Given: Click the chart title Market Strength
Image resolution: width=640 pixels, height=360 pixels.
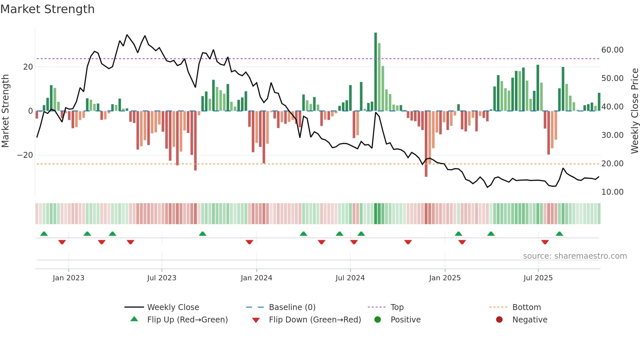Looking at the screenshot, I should click(x=47, y=9).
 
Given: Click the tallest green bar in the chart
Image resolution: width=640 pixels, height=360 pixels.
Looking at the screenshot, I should click(x=376, y=72).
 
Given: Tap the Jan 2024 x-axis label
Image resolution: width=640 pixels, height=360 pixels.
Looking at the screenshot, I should click(x=256, y=278).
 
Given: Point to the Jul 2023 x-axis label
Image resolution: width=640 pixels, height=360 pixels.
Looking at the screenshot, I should click(x=162, y=278).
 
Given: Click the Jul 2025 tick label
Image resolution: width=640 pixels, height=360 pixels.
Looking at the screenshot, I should click(x=538, y=278).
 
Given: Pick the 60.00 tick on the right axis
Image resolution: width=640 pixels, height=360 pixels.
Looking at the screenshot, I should click(x=612, y=50).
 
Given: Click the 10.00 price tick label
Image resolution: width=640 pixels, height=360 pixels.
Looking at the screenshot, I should click(x=612, y=192).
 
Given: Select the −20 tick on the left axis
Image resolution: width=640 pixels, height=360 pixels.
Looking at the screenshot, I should click(x=25, y=155).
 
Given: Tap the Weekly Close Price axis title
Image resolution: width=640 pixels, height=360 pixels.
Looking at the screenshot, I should click(x=634, y=111).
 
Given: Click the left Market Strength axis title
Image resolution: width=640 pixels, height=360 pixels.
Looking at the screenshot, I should click(x=5, y=111).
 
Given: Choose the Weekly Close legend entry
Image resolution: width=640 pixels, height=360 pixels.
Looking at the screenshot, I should click(x=173, y=307).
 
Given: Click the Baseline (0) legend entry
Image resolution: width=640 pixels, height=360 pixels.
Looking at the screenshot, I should click(x=292, y=307).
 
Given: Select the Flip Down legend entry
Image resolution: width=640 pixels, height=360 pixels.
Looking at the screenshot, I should click(x=315, y=320).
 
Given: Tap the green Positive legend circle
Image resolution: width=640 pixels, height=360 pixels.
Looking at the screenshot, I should click(x=378, y=320).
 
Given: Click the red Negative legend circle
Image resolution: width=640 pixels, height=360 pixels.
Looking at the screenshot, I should click(x=499, y=320).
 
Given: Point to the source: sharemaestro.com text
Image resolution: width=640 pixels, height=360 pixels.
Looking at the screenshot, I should click(x=575, y=256).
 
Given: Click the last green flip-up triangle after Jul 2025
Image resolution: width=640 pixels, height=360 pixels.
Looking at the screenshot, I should click(x=559, y=234).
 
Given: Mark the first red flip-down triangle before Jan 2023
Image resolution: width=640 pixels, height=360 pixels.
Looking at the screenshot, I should click(x=62, y=242).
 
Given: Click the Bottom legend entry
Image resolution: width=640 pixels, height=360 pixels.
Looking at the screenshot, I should click(x=526, y=307).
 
